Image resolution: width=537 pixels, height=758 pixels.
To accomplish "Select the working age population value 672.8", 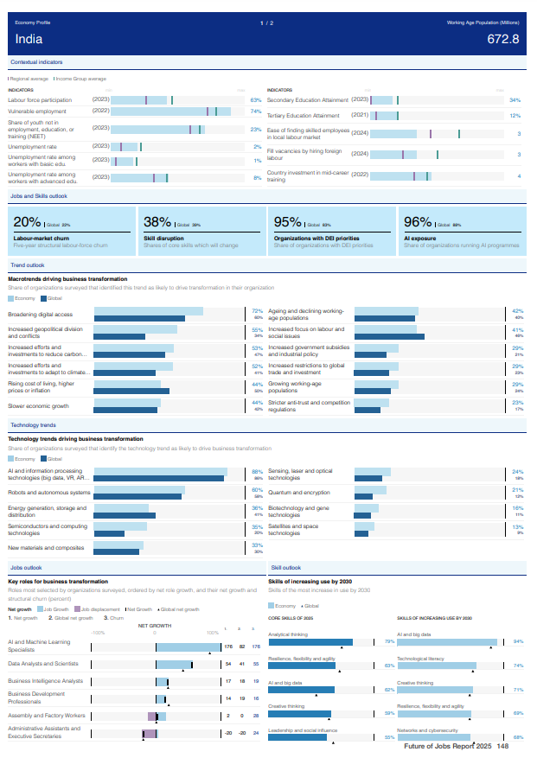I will point(502,39).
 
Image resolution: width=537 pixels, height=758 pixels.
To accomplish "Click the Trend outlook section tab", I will point(28,264).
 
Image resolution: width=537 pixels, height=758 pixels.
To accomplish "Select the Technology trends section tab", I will point(33,425).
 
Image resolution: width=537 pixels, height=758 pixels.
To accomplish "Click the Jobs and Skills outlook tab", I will point(38,196).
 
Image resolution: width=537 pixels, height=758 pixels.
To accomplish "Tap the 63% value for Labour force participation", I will point(256,100).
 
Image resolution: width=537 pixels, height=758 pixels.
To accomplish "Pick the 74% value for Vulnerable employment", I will point(256,111).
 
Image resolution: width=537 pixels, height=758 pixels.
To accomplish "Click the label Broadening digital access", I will point(41,315).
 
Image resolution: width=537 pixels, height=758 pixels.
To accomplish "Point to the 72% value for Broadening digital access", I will point(257,311).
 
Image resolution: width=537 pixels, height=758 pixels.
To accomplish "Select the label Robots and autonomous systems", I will point(49,493).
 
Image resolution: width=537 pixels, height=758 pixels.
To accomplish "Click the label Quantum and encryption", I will point(298,493).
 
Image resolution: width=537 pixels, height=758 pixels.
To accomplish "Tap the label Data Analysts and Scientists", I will point(43,664).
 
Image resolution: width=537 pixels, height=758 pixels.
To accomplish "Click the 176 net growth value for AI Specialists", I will point(228,647).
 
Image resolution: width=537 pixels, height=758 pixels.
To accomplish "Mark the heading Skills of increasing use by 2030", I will point(310,582).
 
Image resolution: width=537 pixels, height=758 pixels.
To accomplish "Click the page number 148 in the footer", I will point(502,746).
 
